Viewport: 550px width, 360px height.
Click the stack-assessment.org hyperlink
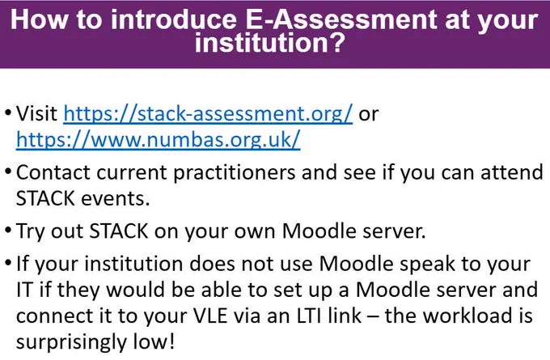pyautogui.click(x=208, y=114)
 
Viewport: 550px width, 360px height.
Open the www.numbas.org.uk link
pyautogui.click(x=159, y=140)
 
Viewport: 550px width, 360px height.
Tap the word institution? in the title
pyautogui.click(x=270, y=42)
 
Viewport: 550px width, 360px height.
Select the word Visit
pyautogui.click(x=37, y=113)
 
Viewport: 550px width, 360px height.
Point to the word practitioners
pyautogui.click(x=235, y=172)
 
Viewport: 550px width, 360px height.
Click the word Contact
pyautogui.click(x=53, y=172)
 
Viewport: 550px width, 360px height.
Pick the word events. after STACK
pyautogui.click(x=116, y=198)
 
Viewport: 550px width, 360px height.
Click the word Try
pyautogui.click(x=31, y=231)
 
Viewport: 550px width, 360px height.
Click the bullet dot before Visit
pyautogui.click(x=8, y=114)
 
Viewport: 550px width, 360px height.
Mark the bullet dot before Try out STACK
pyautogui.click(x=8, y=231)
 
